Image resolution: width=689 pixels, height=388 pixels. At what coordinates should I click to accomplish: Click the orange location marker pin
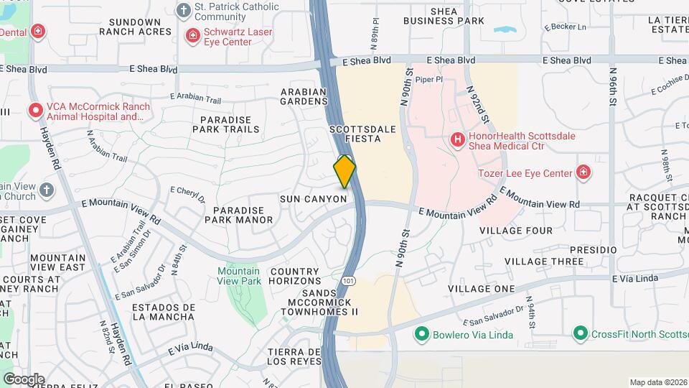click(344, 172)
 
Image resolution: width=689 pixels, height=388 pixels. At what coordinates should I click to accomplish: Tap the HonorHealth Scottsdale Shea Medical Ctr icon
click(456, 140)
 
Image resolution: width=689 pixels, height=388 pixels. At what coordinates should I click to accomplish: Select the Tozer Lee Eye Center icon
click(583, 172)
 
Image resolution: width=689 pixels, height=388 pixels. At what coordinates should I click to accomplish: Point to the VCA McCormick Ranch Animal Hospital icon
click(35, 111)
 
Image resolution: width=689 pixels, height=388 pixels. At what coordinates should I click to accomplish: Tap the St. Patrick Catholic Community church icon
click(184, 11)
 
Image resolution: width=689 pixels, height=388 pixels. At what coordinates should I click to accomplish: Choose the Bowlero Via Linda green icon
click(421, 334)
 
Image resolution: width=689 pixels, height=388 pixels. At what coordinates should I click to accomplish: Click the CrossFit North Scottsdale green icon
click(580, 334)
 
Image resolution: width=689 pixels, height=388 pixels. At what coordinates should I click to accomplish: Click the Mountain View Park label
click(238, 276)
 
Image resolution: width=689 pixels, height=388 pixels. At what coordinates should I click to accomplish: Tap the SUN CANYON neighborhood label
click(314, 198)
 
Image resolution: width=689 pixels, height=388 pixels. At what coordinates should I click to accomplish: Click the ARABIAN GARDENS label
click(304, 97)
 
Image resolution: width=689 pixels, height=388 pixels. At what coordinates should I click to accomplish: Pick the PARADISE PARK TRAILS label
click(225, 124)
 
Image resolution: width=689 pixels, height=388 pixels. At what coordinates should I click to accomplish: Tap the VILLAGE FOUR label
click(516, 231)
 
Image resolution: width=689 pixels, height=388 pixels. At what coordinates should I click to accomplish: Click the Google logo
click(24, 379)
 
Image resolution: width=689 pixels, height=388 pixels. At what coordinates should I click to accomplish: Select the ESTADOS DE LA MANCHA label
click(164, 312)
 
